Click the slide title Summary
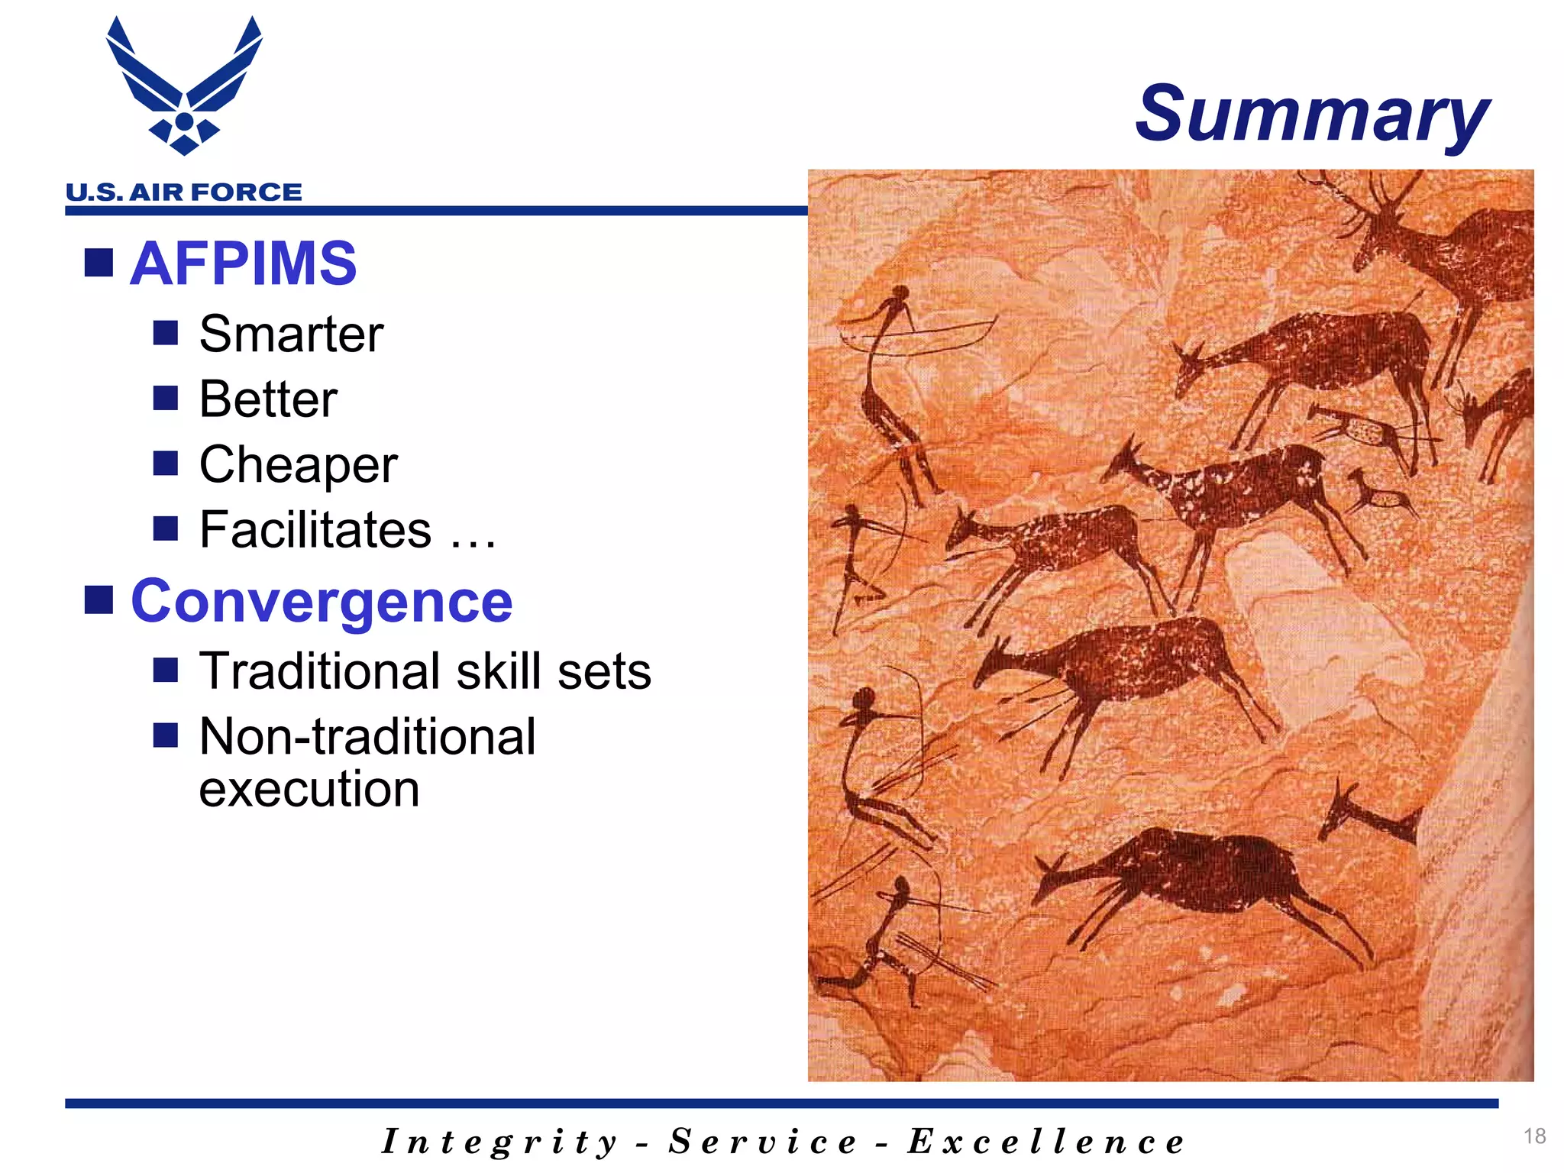click(x=1311, y=115)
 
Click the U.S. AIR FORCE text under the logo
click(x=184, y=192)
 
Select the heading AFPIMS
click(x=243, y=263)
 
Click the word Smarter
click(x=291, y=334)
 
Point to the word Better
click(x=268, y=399)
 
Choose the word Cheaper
click(x=298, y=464)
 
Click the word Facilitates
click(x=315, y=529)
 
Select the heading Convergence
click(x=322, y=601)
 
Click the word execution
click(x=309, y=789)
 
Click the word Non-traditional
click(x=367, y=737)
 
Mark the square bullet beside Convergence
click(x=99, y=600)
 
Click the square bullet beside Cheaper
click(x=165, y=463)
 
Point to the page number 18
click(x=1534, y=1136)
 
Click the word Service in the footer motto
click(x=763, y=1142)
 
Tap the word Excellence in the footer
click(x=1045, y=1142)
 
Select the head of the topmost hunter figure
click(x=901, y=293)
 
